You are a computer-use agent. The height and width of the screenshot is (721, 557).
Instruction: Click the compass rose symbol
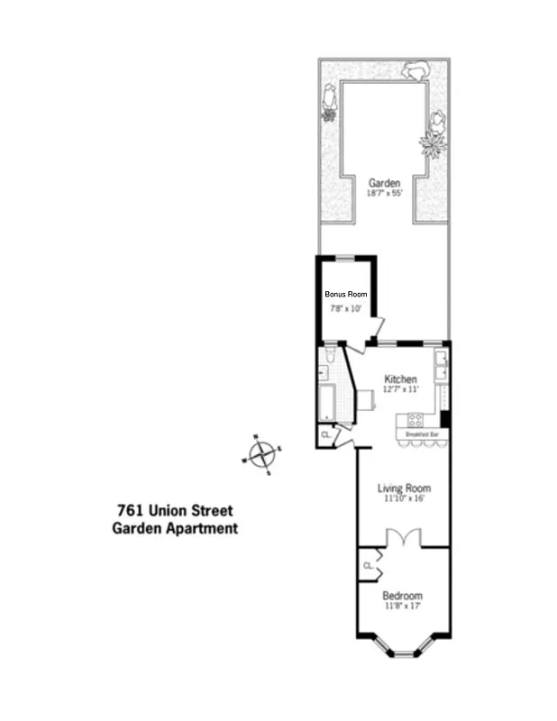tap(261, 454)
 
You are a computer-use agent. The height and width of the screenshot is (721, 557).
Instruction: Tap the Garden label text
tap(383, 182)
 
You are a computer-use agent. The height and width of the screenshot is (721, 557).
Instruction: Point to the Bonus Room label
tap(346, 294)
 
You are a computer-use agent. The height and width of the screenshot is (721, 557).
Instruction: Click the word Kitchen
tap(400, 379)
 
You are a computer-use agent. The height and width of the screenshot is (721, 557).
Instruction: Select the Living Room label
tap(403, 488)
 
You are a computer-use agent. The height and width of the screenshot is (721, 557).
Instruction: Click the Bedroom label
tap(402, 596)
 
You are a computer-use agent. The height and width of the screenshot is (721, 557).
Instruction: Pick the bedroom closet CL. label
tap(368, 565)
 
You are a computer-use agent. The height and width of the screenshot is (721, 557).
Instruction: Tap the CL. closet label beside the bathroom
tap(325, 435)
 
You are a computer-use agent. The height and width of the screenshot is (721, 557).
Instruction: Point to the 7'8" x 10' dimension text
tap(346, 309)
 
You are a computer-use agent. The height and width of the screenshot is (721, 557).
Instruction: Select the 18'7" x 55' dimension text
tap(383, 193)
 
